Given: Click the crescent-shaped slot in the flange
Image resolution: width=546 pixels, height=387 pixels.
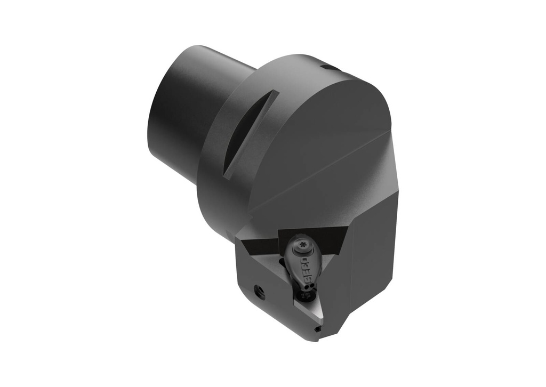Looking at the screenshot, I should click(251, 133).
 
